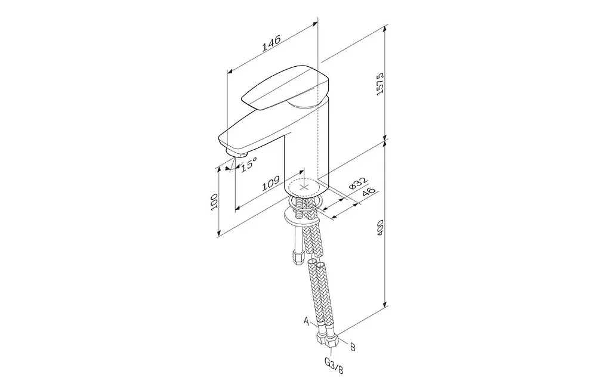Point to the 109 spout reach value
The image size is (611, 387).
[270, 184]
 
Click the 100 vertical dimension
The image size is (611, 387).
[214, 202]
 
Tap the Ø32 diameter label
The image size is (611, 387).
[358, 184]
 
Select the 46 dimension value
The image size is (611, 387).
[369, 193]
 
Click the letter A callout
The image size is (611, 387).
[307, 321]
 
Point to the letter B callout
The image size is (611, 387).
[352, 346]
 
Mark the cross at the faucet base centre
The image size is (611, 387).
[304, 186]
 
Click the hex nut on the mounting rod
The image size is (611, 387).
[298, 258]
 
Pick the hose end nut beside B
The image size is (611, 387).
[332, 341]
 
